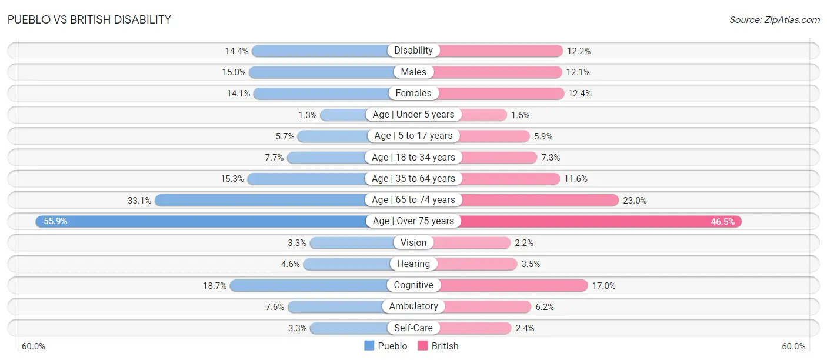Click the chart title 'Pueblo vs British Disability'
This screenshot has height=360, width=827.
click(89, 19)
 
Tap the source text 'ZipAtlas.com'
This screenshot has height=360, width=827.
click(792, 20)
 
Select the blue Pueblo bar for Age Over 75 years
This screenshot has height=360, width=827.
click(201, 221)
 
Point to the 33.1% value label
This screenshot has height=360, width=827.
click(139, 201)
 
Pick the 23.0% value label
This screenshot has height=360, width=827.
click(635, 201)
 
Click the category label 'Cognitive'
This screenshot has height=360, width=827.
click(413, 285)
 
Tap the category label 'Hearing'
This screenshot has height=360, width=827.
click(413, 264)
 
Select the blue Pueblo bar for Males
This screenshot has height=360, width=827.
click(321, 72)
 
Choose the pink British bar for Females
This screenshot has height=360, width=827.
click(501, 94)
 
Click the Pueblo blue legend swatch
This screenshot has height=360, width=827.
click(369, 346)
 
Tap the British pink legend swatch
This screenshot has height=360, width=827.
click(422, 346)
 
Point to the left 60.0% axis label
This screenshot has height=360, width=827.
click(33, 346)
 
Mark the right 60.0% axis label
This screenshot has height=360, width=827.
click(793, 346)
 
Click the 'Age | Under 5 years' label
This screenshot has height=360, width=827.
click(413, 115)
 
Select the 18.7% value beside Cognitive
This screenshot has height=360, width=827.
click(215, 286)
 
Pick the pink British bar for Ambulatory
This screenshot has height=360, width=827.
click(488, 306)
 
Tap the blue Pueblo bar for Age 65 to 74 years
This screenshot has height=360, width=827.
click(261, 200)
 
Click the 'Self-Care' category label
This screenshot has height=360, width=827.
click(413, 328)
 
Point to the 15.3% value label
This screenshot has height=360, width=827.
click(232, 179)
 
